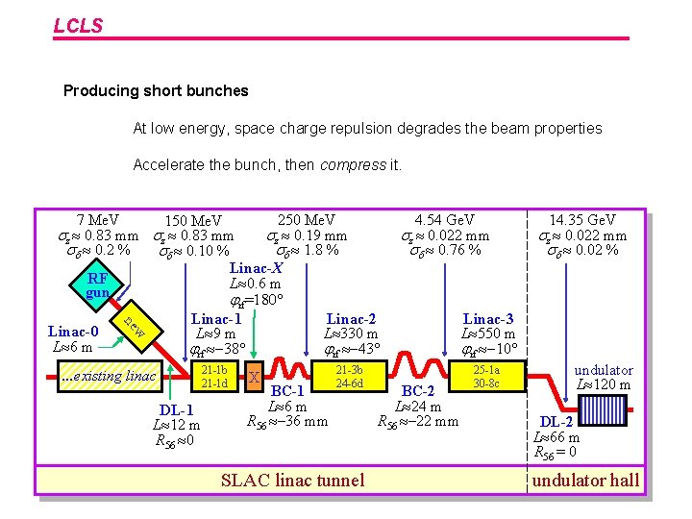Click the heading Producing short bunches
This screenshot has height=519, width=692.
(x=156, y=91)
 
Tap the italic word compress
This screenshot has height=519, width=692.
(x=352, y=164)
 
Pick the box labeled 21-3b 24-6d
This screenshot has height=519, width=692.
(x=349, y=377)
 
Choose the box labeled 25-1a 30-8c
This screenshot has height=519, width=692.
(x=485, y=377)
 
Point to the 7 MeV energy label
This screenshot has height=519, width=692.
(x=98, y=220)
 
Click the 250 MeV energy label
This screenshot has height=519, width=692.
(x=307, y=220)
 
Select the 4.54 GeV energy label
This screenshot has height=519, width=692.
(x=444, y=220)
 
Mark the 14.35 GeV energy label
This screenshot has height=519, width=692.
(x=582, y=220)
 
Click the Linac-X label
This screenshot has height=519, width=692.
(x=256, y=268)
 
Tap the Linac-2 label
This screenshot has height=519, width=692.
(x=351, y=318)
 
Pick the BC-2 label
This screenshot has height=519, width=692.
(x=418, y=391)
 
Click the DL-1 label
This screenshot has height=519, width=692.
(x=177, y=411)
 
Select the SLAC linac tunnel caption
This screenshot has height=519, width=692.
(x=293, y=481)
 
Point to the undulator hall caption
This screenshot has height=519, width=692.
(x=584, y=481)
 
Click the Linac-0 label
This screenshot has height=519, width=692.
(x=73, y=332)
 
